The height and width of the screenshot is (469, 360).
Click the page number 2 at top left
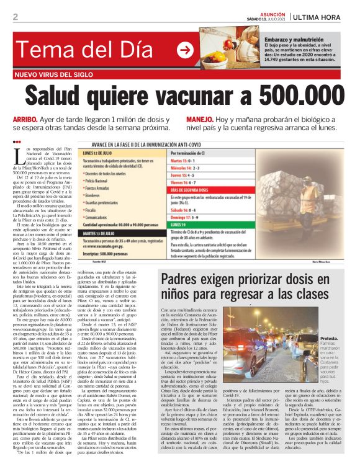[15, 17]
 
